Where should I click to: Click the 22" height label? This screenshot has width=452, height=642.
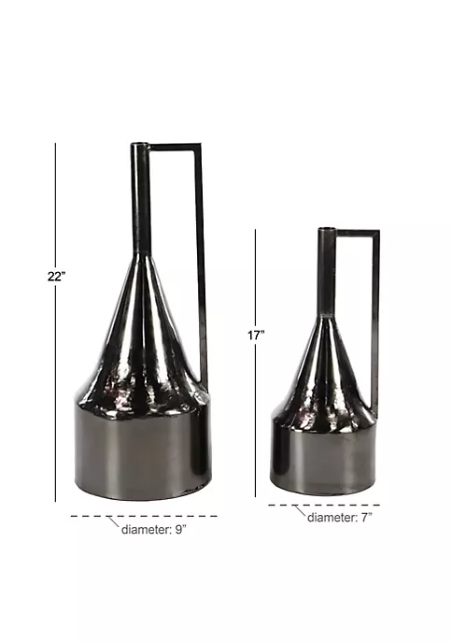(x=56, y=277)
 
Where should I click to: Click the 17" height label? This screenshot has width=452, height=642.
(x=256, y=335)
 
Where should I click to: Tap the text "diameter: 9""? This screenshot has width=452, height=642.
(x=154, y=530)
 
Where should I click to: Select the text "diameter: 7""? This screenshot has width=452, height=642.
(x=340, y=518)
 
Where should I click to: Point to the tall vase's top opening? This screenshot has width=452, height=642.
(x=139, y=144)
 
